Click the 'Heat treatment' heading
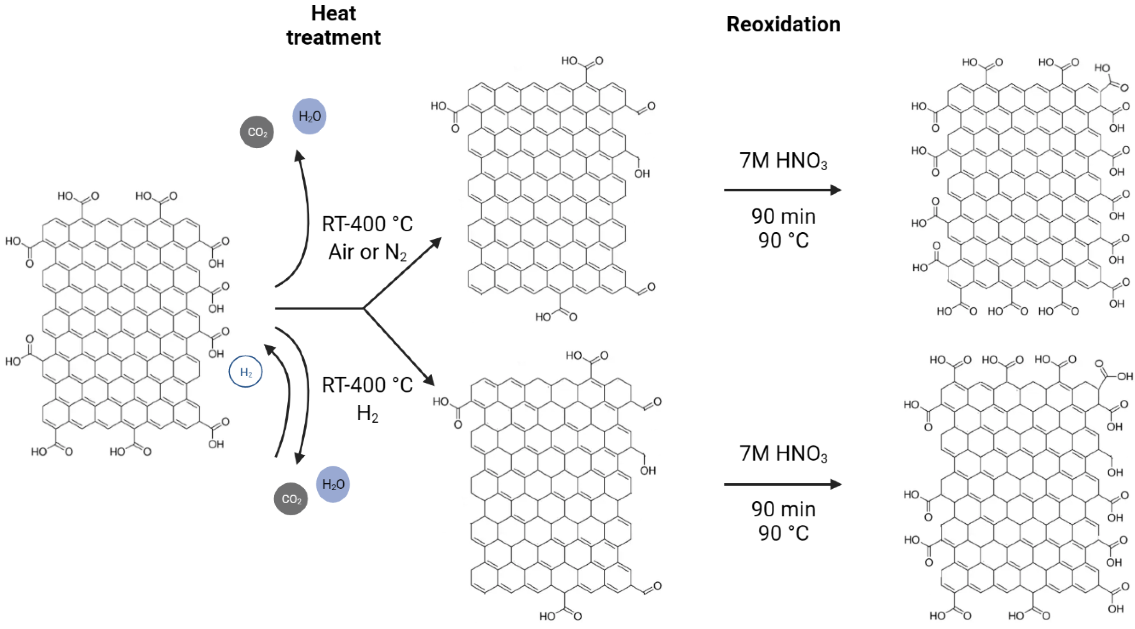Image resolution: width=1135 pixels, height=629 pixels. (334, 25)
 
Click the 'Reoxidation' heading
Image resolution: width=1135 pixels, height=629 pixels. (783, 24)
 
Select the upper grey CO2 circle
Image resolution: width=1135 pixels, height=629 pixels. (257, 132)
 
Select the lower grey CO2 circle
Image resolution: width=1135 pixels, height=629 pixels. (291, 498)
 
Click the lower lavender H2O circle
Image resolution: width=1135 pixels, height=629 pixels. (333, 484)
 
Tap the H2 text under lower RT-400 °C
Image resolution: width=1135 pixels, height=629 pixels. (368, 413)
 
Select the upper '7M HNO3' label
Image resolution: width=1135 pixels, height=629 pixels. (783, 161)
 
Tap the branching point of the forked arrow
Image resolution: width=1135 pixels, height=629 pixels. (364, 308)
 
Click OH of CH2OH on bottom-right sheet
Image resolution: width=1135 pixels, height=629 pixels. (1115, 473)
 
